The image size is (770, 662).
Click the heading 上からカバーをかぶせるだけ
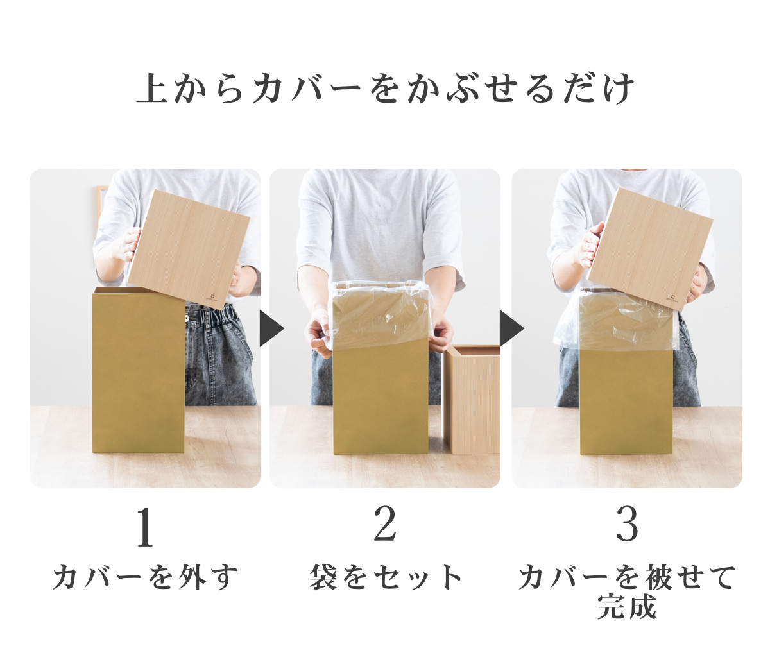(x=385, y=89)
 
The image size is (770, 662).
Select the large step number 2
(x=385, y=524)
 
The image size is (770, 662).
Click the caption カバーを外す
(x=145, y=576)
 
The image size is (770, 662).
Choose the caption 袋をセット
(x=385, y=576)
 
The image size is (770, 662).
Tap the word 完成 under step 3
(x=627, y=607)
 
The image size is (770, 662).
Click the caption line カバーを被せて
(x=627, y=577)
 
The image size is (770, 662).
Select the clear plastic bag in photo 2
(x=379, y=314)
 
